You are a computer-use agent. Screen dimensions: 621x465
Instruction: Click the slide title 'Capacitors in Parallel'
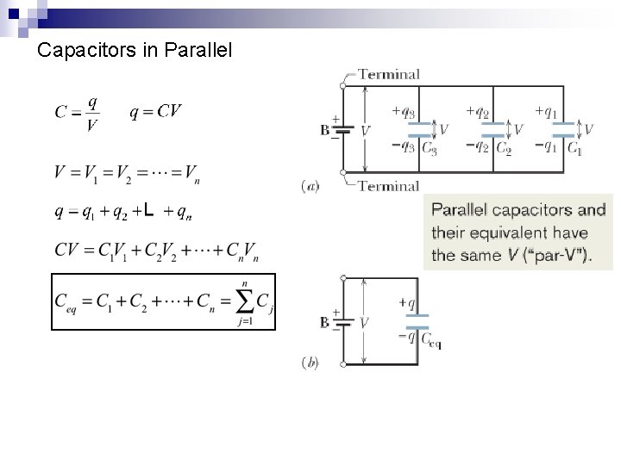click(135, 51)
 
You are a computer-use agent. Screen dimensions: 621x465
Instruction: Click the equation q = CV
click(156, 113)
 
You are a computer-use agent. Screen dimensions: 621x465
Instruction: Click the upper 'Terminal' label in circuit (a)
click(388, 75)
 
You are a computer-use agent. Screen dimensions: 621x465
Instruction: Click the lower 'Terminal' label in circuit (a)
click(388, 185)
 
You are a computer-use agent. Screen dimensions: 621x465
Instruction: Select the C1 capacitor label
click(574, 148)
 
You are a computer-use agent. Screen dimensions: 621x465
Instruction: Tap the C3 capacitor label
click(429, 148)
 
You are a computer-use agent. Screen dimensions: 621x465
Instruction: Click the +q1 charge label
click(545, 111)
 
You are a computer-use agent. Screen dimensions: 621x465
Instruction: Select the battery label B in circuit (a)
click(324, 132)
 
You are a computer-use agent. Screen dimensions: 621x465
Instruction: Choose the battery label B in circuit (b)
click(324, 322)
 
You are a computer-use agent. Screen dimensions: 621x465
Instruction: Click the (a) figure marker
click(310, 185)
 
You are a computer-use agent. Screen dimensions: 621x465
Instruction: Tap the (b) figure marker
click(310, 363)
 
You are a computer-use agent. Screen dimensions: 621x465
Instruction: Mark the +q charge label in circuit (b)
click(408, 303)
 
